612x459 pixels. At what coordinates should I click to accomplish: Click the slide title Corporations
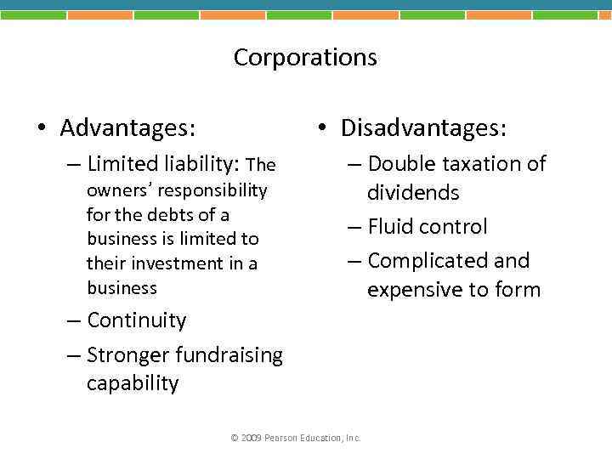pos(305,57)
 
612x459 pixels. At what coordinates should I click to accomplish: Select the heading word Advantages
pos(127,128)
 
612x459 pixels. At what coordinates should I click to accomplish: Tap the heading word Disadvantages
pos(423,128)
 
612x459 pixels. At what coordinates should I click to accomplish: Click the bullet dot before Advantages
pos(41,129)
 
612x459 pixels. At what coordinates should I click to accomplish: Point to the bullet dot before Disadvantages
pos(321,129)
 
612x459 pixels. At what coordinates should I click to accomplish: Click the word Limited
pos(118,163)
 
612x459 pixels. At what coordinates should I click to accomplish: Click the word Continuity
pos(136,320)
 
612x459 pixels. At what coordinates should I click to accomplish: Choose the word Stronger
pos(126,354)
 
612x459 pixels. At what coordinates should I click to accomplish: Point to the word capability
pos(133,383)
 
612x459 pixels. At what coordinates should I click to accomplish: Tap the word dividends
pos(413,193)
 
